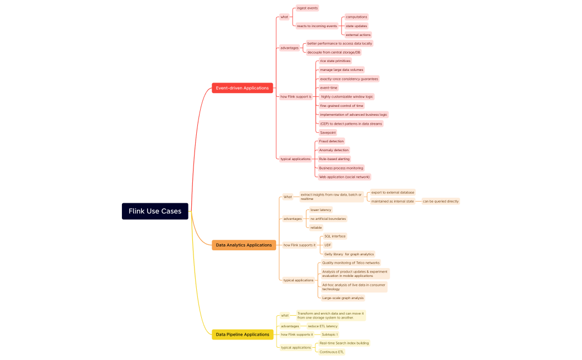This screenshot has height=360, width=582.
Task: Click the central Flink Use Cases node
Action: click(155, 211)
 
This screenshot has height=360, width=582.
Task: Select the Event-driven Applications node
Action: click(242, 88)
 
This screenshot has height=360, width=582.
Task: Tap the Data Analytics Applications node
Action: click(244, 245)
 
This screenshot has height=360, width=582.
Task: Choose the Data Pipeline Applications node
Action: click(242, 335)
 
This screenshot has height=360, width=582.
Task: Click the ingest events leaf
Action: click(307, 8)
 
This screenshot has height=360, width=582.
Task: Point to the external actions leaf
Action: click(358, 35)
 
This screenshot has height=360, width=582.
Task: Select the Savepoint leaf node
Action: click(328, 132)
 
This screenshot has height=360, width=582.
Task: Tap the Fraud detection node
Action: click(331, 141)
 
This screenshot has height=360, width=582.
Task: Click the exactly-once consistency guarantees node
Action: click(349, 79)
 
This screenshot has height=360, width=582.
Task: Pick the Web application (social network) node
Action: click(344, 177)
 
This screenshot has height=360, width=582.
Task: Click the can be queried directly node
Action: click(441, 201)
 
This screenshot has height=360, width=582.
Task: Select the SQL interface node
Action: click(335, 236)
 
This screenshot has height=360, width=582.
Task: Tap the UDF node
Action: click(328, 245)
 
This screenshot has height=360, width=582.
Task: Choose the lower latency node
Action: click(320, 210)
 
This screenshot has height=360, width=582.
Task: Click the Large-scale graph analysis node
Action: click(343, 298)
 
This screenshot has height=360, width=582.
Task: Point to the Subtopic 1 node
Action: click(329, 335)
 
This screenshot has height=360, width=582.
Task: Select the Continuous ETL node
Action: click(331, 352)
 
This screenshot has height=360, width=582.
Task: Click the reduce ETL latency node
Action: click(322, 326)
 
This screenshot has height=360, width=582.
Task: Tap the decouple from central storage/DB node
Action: click(333, 52)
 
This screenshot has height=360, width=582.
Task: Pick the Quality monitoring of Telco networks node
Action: click(350, 263)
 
